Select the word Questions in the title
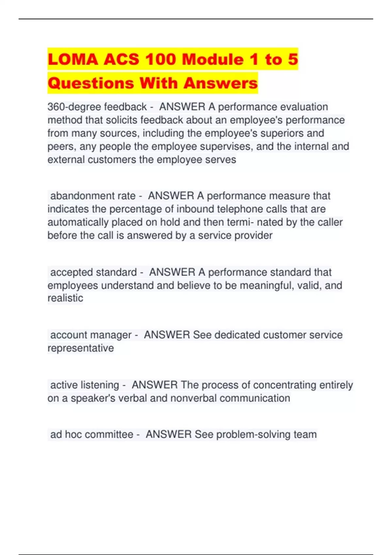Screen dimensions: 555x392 pyautogui.click(x=91, y=83)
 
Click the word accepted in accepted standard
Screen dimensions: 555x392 pyautogui.click(x=72, y=272)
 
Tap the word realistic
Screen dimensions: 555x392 pyautogui.click(x=65, y=298)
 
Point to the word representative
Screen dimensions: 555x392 pyautogui.click(x=81, y=348)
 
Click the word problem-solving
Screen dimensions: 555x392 pyautogui.click(x=253, y=435)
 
